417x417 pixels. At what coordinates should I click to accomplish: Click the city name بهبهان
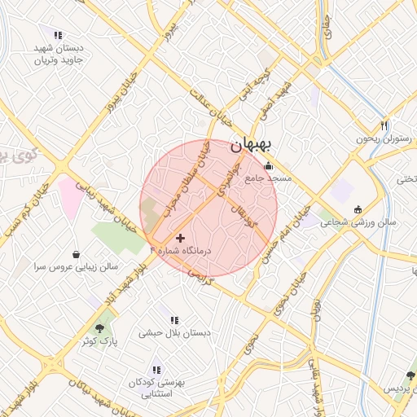253,144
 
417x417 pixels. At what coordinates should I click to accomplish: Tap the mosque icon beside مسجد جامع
268,167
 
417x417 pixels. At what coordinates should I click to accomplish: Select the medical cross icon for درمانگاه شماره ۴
180,238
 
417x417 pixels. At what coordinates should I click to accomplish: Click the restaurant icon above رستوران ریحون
384,125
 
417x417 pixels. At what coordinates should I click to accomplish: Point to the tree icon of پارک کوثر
100,328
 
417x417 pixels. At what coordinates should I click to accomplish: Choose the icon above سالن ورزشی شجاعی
357,209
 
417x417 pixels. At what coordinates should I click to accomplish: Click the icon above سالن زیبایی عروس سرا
76,253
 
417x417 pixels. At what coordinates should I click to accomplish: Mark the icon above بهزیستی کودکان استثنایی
156,368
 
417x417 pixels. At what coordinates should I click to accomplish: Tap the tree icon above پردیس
409,375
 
